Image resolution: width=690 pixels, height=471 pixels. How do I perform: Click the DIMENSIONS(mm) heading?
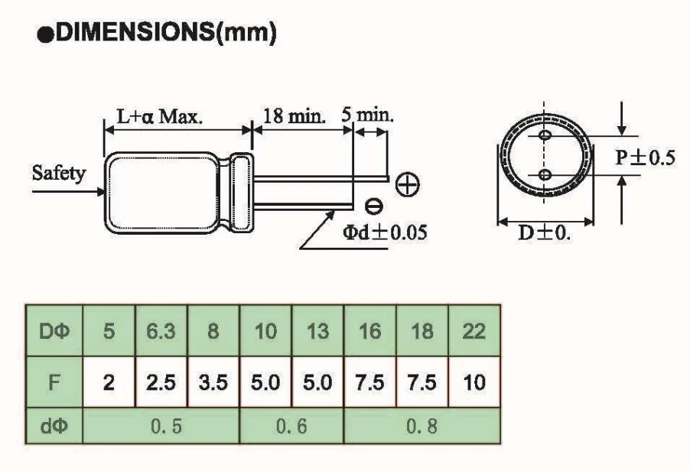click(x=157, y=33)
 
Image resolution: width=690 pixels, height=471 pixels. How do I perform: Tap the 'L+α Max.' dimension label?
click(x=160, y=117)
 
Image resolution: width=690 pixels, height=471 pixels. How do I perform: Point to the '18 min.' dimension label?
click(x=295, y=116)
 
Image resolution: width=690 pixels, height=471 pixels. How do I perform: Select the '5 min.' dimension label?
click(x=367, y=115)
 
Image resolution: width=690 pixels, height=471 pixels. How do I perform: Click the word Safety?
click(x=59, y=174)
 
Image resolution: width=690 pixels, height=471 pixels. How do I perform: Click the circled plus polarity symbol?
click(x=408, y=184)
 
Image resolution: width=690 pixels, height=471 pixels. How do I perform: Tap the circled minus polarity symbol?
click(x=373, y=206)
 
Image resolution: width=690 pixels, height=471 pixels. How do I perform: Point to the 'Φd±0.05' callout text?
click(x=385, y=232)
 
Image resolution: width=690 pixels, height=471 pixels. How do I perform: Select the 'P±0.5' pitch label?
click(x=645, y=158)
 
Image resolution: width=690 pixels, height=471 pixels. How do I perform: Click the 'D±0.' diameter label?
click(x=545, y=232)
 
